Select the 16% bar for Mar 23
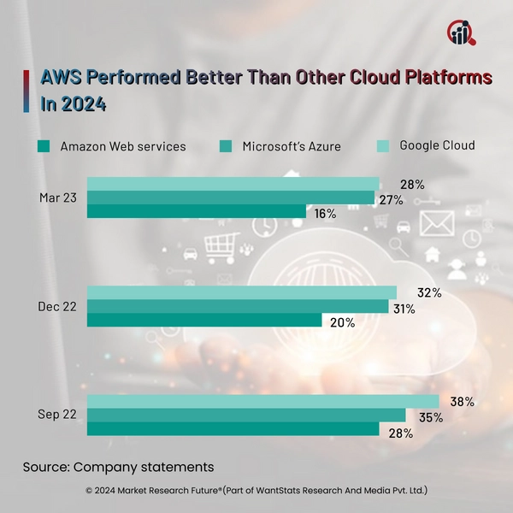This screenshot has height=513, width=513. (x=196, y=211)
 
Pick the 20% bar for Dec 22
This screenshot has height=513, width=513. (x=204, y=321)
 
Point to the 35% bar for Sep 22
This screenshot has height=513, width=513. (x=246, y=416)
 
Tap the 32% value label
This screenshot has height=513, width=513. (x=429, y=293)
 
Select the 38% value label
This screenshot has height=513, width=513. (x=463, y=402)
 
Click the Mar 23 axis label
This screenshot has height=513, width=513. (x=57, y=198)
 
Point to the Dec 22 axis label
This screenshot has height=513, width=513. (x=57, y=307)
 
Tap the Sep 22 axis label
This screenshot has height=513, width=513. (x=57, y=416)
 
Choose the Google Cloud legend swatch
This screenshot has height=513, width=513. (x=385, y=145)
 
